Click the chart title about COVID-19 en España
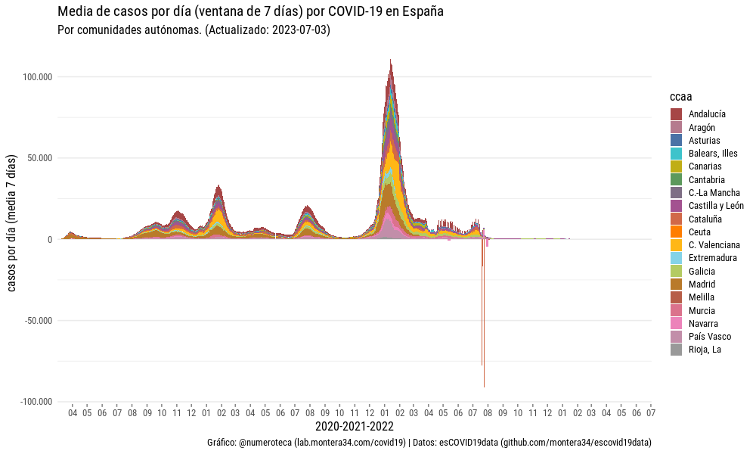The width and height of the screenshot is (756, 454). [250, 12]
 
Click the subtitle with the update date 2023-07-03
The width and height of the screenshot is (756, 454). [194, 30]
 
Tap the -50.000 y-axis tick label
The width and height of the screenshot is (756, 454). [38, 320]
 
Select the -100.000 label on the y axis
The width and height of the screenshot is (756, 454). [36, 401]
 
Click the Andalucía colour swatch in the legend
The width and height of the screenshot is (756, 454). [677, 113]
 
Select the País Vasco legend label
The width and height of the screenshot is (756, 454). [710, 336]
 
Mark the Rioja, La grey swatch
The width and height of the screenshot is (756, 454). [677, 350]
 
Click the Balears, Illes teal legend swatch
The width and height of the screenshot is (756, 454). [677, 153]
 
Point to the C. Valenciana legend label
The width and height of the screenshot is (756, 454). [714, 244]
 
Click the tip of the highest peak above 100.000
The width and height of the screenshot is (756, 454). [390, 60]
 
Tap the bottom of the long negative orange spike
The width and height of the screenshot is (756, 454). [484, 387]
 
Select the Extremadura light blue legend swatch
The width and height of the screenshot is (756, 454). [677, 258]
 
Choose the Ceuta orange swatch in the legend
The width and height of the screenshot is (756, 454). [677, 232]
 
